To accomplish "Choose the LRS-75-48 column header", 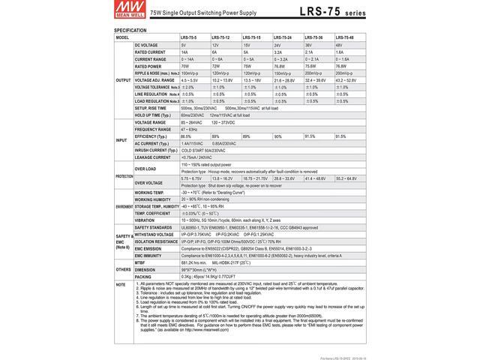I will [x=344, y=37].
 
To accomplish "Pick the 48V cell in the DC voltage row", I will [x=340, y=45].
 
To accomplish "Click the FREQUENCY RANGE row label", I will [x=153, y=129].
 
